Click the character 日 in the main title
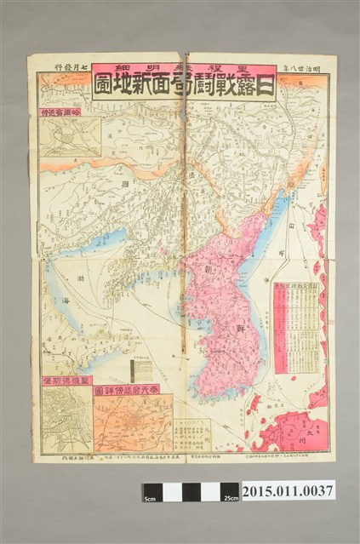click(265, 84)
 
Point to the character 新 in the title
click(157, 84)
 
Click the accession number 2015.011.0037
click(289, 490)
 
